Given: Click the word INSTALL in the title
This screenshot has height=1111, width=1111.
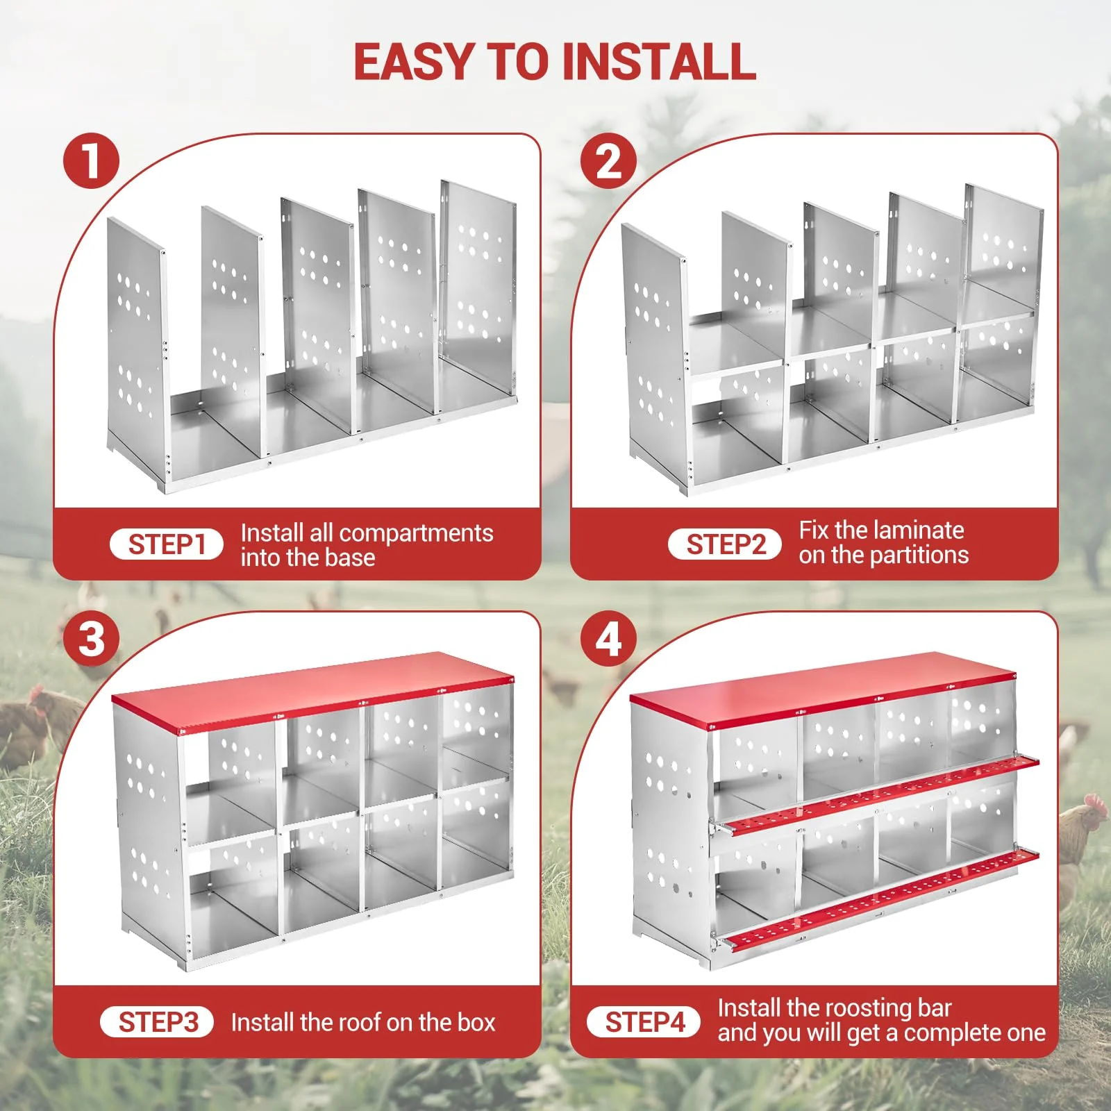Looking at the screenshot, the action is click(x=659, y=61).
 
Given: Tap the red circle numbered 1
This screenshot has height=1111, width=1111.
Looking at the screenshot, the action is click(x=91, y=161).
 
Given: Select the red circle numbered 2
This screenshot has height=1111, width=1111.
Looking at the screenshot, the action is click(x=609, y=161).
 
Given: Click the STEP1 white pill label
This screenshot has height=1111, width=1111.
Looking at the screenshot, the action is click(x=167, y=544).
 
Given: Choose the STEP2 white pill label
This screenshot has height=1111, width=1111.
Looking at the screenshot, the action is click(x=725, y=544).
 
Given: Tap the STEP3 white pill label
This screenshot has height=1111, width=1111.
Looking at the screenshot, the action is click(x=158, y=1022).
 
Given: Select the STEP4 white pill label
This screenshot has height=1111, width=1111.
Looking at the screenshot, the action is click(x=644, y=1022).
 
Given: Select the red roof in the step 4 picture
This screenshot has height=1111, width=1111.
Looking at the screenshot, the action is click(x=823, y=692).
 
